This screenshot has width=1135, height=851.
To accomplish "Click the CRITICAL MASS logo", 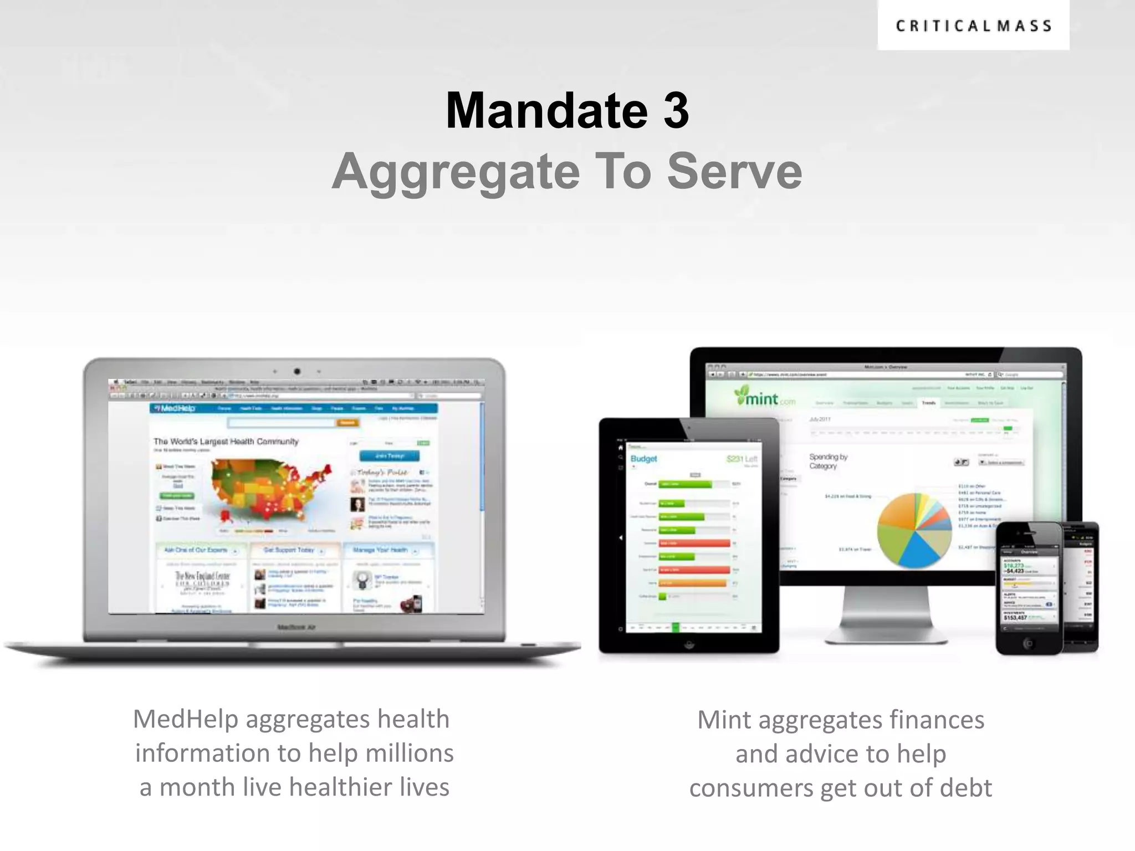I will click(973, 25).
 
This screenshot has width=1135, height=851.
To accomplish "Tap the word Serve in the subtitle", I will click(734, 172).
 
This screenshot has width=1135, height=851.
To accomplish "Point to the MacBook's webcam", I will click(297, 371).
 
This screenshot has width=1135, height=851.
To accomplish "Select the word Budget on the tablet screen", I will click(643, 459).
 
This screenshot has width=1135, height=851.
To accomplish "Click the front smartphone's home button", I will click(1029, 643).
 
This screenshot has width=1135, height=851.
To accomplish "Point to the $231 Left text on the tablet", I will click(742, 459).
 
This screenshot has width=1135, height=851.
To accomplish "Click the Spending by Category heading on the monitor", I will click(828, 462).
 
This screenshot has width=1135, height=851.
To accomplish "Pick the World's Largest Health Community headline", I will click(226, 442).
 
